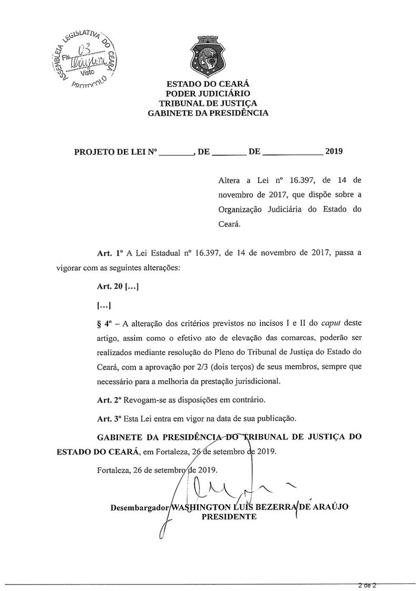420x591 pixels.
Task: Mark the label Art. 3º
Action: coord(109,419)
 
